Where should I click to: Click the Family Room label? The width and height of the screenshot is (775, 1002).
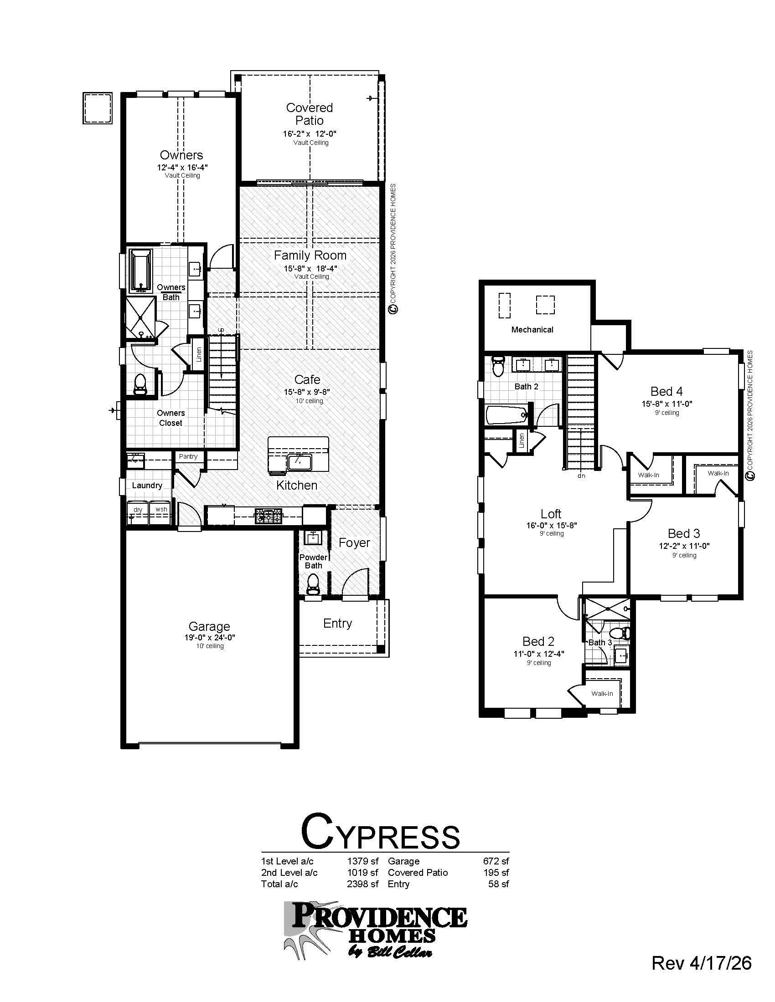click(310, 256)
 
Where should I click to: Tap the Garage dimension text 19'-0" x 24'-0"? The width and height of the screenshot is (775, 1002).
click(209, 637)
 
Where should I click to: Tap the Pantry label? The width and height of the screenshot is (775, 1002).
click(188, 456)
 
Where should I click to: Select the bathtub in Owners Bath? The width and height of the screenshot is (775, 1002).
click(140, 271)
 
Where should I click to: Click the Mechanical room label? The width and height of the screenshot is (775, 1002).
click(532, 329)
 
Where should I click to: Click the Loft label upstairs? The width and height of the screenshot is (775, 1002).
click(551, 514)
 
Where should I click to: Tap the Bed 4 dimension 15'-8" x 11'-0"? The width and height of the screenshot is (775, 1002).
click(666, 404)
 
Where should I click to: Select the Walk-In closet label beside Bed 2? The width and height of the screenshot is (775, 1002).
click(602, 694)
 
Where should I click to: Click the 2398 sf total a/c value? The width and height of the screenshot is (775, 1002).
click(362, 884)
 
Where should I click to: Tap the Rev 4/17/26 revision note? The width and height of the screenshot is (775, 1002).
click(701, 963)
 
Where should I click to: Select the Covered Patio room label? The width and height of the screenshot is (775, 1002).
click(309, 114)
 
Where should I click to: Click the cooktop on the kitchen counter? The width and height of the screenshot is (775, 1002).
click(269, 516)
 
